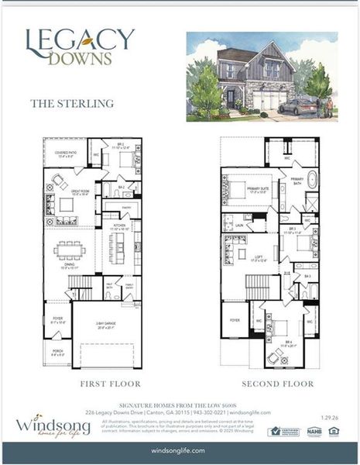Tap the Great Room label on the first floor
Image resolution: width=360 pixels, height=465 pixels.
(79, 193)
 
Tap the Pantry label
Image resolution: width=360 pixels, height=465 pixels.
(125, 208)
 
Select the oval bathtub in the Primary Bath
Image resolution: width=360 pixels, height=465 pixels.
(313, 181)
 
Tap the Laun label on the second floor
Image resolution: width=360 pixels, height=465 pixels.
(239, 226)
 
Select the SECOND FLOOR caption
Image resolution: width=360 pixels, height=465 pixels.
(278, 384)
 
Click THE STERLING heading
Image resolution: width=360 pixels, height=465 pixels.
(71, 102)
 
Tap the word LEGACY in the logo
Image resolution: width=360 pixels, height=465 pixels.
(80, 40)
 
